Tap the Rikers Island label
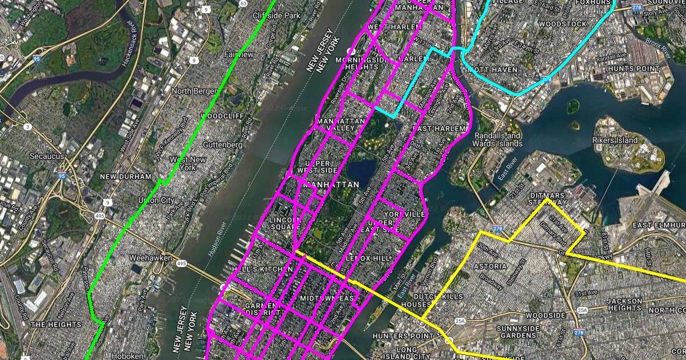coord(619,140)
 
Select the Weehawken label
coord(151,258)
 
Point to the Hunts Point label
coord(633,69)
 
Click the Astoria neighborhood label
coord(490,266)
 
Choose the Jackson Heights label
coord(625,305)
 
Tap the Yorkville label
coord(405,214)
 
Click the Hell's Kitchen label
coord(254,269)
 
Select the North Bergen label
coord(194,91)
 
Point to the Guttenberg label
coord(222,145)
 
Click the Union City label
coord(156,200)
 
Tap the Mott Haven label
coord(492,70)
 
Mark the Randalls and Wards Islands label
coord(496,139)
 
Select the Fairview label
coord(240,54)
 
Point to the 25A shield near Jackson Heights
coord(583,310)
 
